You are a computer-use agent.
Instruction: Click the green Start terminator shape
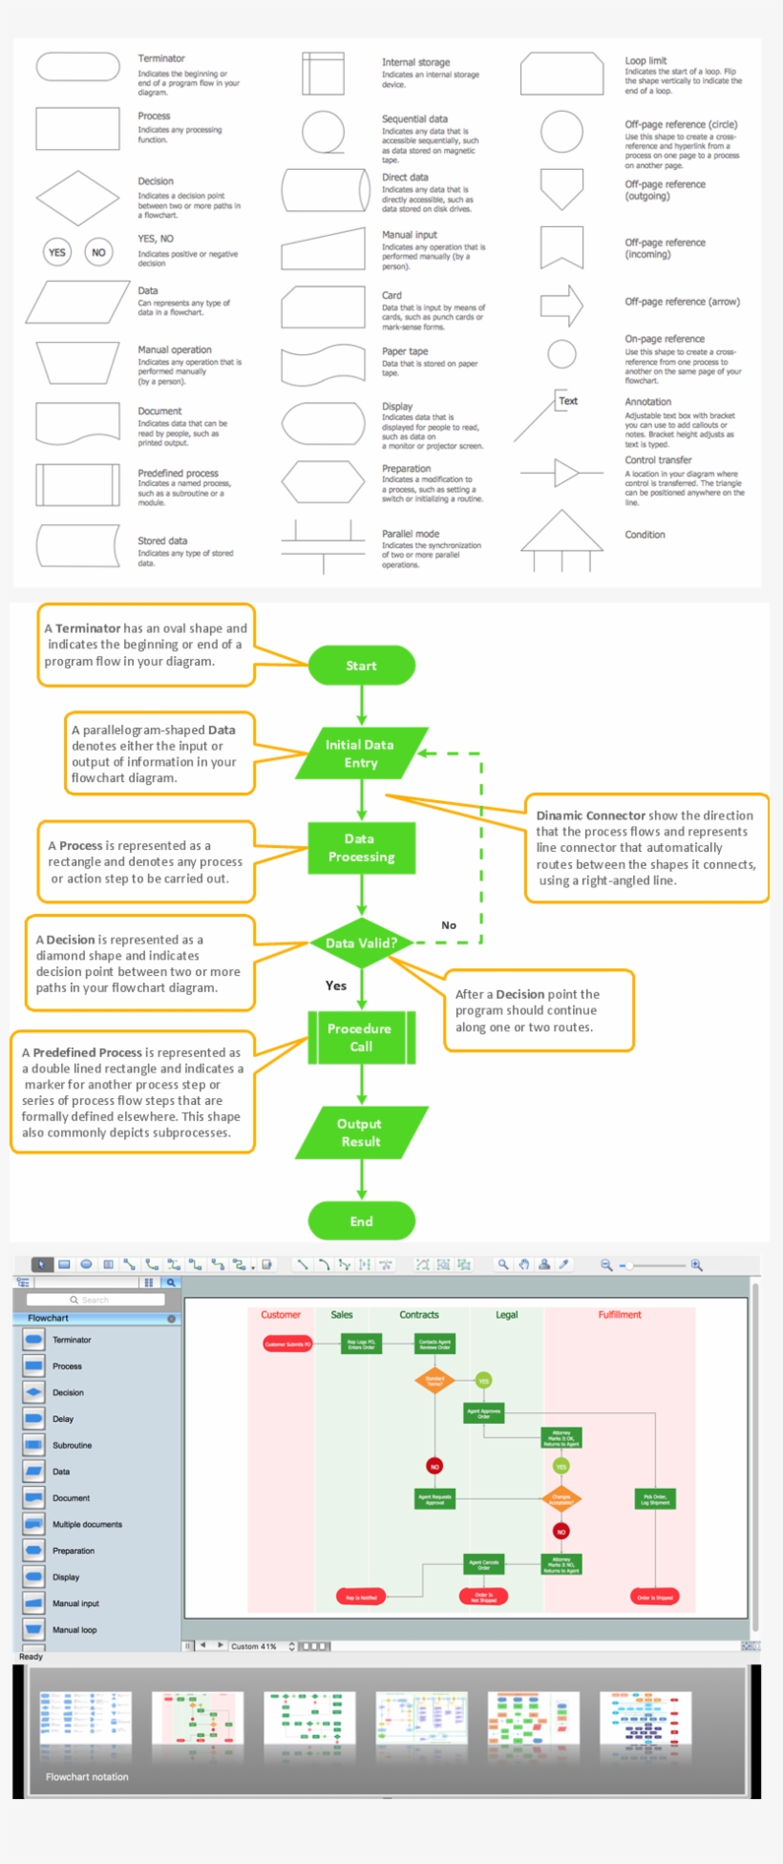[361, 666]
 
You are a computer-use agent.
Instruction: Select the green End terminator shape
[361, 1220]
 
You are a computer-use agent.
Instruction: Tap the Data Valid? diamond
[361, 943]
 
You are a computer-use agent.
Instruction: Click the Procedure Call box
[361, 1037]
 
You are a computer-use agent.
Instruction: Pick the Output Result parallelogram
[361, 1133]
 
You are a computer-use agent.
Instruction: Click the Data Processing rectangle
[361, 848]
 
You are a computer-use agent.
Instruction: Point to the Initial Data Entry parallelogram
[361, 753]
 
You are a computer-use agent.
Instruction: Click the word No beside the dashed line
[449, 924]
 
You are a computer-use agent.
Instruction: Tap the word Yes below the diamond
[336, 985]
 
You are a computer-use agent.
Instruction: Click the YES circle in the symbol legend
[57, 252]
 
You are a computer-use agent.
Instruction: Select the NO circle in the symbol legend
[98, 252]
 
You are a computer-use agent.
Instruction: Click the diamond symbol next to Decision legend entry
[77, 198]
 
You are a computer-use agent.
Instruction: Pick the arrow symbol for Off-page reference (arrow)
[561, 306]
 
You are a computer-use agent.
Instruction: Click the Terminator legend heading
[161, 59]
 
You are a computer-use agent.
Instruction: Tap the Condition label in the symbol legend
[645, 535]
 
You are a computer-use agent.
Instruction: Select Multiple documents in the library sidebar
[87, 1524]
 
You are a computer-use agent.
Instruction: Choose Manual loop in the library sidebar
[74, 1630]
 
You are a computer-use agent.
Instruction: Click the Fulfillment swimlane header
[620, 1315]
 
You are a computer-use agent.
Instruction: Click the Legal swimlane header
[506, 1315]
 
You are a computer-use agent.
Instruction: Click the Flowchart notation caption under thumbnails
[87, 1777]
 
